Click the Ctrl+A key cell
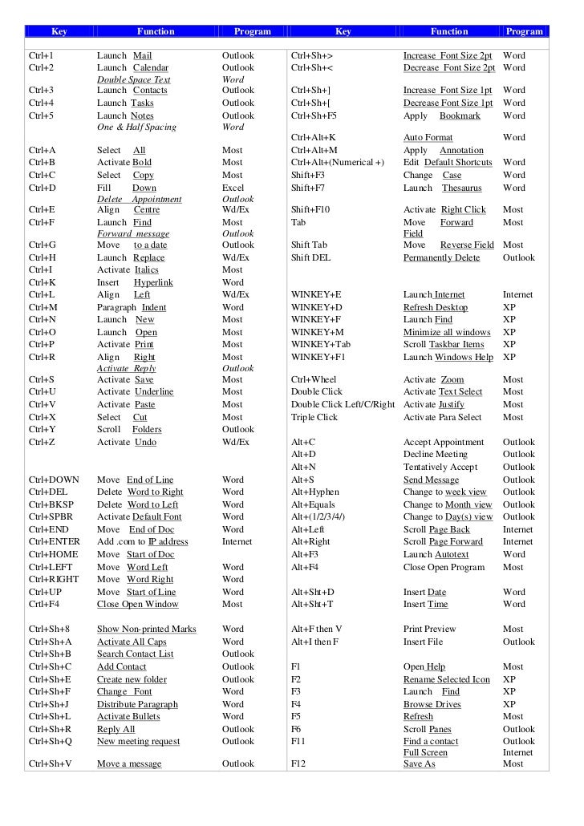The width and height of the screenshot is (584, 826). coord(42,150)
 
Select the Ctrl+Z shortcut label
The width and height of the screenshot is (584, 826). coord(42,442)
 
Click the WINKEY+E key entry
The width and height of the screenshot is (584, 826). coord(316,295)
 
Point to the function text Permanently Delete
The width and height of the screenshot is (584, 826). coord(441,258)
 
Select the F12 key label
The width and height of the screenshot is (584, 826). coord(298,764)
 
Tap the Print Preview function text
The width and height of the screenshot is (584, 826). coord(429,630)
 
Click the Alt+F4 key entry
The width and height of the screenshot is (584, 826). coord(304,567)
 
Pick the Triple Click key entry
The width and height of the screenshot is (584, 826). coord(314,417)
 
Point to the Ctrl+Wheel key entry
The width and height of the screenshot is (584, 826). coord(314,380)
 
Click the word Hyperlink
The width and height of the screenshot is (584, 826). coord(153,283)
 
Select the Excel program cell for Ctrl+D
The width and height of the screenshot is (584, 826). coord(233,188)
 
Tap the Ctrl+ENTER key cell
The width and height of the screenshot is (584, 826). coord(53,542)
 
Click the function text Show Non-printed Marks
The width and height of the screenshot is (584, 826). coord(146,630)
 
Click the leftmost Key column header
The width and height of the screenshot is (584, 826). coord(59,32)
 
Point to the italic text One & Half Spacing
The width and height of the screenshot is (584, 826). coord(136,128)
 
